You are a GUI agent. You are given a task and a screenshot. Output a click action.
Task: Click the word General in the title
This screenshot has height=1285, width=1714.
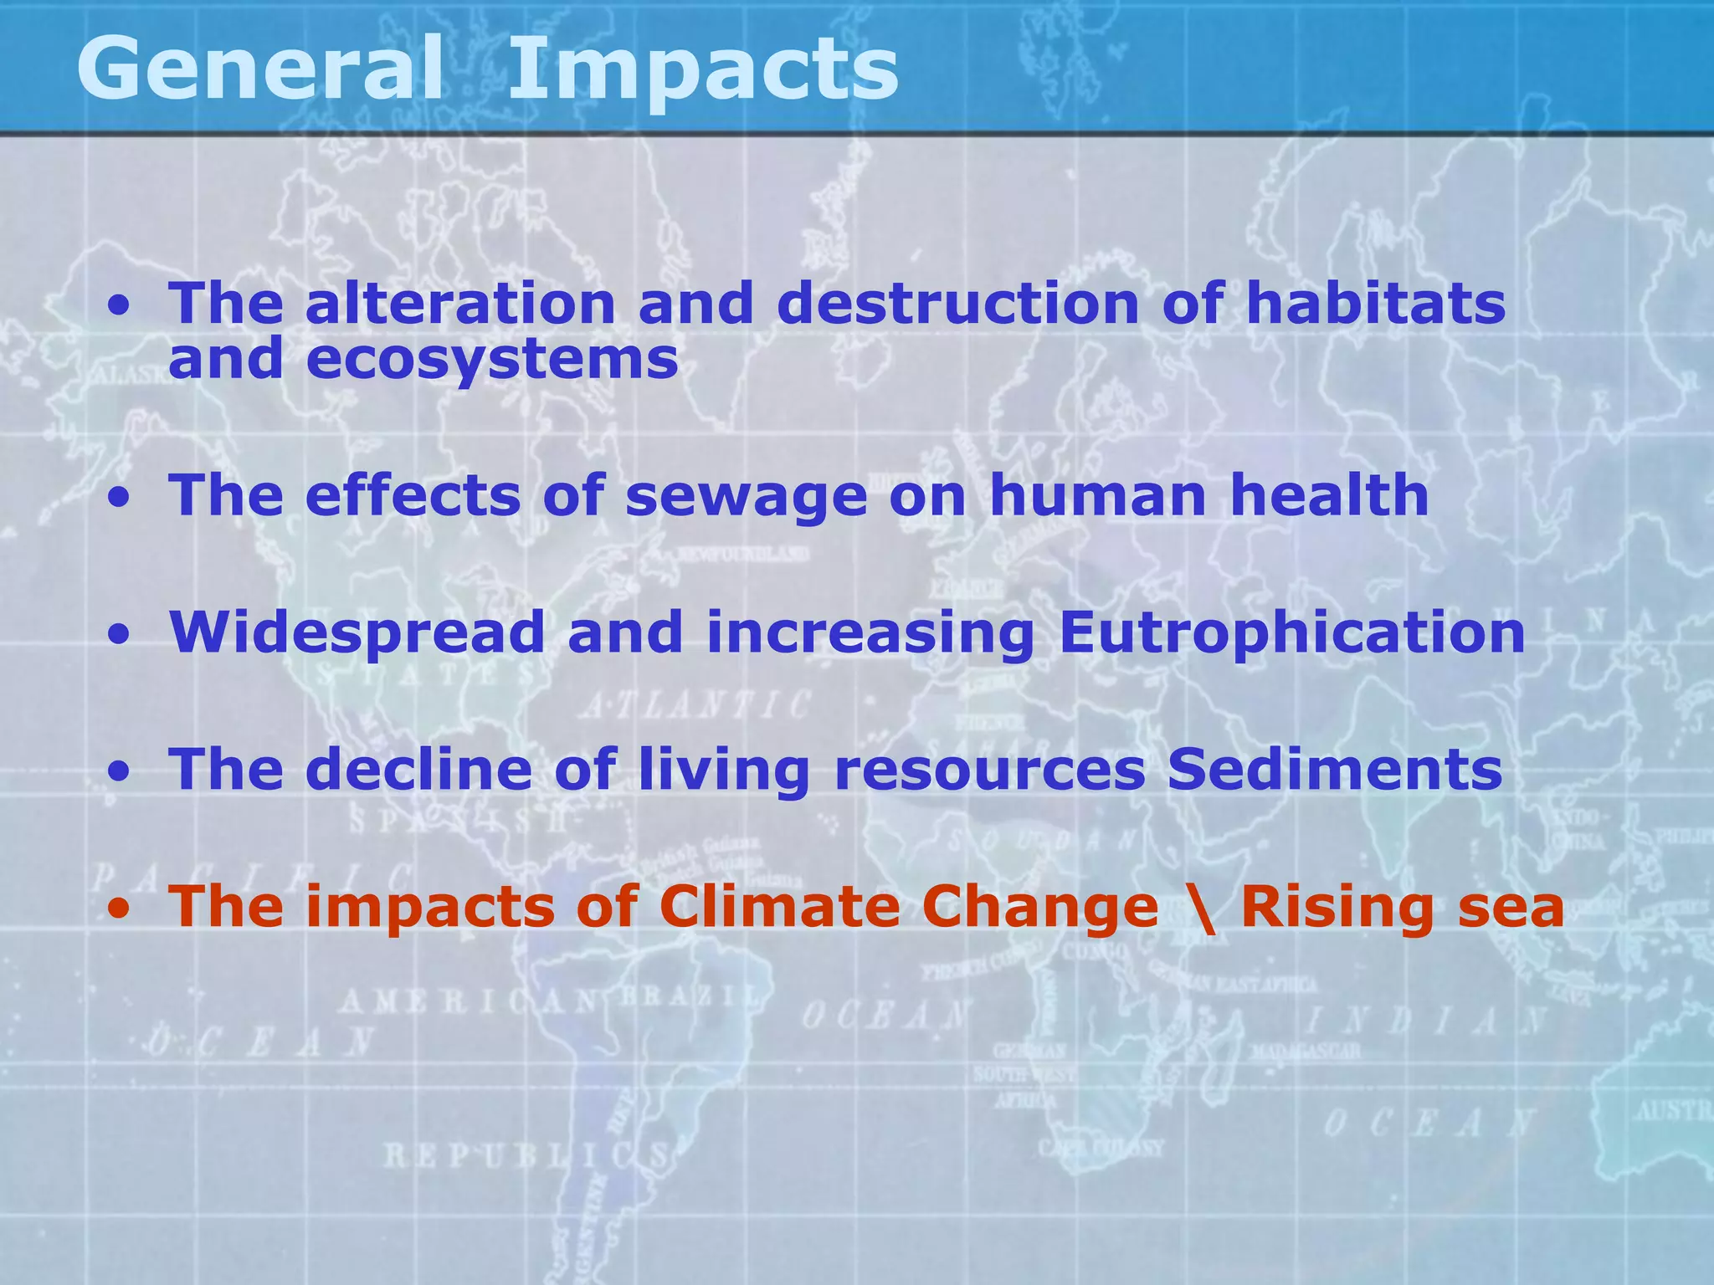[259, 69]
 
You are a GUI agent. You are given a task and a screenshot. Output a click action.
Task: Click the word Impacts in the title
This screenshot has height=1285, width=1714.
[703, 69]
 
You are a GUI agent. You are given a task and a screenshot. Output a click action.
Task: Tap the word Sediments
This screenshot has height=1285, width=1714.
[1335, 769]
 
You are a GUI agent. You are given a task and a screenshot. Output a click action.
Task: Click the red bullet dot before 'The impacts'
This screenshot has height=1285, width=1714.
[122, 909]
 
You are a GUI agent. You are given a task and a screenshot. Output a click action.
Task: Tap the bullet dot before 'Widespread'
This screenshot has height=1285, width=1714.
[122, 635]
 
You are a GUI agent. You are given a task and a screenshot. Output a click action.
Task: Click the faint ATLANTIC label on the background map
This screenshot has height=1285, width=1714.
[695, 705]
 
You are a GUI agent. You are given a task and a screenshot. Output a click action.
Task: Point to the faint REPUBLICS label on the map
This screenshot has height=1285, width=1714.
[527, 1157]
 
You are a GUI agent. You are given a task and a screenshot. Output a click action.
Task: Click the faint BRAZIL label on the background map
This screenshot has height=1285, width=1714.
[691, 997]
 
